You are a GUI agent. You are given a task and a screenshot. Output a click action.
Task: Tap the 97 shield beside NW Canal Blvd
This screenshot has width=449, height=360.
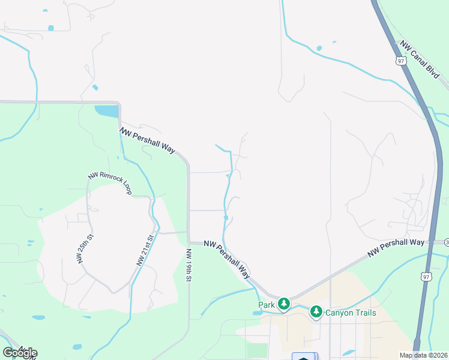pos(400,61)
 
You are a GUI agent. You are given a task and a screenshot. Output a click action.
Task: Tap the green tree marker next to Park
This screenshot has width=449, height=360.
pos(283,305)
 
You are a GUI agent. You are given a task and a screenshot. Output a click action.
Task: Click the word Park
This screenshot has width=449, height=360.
pos(267,305)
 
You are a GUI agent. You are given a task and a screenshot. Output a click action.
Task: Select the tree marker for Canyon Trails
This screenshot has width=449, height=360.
pos(316,312)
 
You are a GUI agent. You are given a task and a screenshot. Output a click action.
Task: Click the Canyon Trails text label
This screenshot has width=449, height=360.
pos(351,313)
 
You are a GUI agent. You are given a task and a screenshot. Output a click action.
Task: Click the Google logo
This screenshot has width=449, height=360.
pos(20,353)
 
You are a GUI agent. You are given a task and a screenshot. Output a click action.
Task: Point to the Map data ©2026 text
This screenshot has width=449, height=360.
pos(423,355)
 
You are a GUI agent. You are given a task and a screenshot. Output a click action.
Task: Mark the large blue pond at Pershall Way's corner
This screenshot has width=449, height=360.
pos(106,112)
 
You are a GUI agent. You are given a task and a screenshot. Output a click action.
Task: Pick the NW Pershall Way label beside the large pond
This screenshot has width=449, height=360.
pos(146,140)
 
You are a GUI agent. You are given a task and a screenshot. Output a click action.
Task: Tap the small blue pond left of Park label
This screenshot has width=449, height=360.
pos(256,313)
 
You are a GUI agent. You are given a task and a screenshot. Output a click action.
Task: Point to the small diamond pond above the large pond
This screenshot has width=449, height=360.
pos(95,88)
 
